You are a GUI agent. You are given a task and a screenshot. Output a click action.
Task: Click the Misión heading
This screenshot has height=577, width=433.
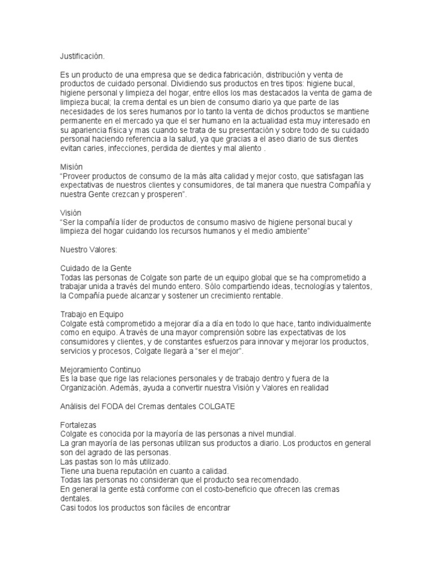(72, 167)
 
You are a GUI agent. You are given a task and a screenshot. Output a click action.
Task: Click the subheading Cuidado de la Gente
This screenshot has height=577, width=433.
(96, 268)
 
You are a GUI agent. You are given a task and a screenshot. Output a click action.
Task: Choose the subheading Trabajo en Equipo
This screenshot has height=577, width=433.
(92, 314)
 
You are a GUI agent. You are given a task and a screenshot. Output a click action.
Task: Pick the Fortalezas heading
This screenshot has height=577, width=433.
(78, 424)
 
